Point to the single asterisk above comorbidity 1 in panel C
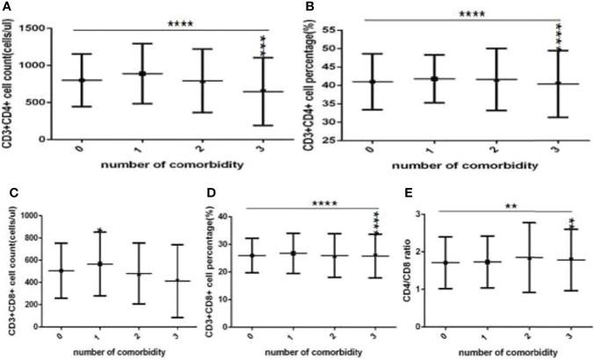point(100,231)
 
